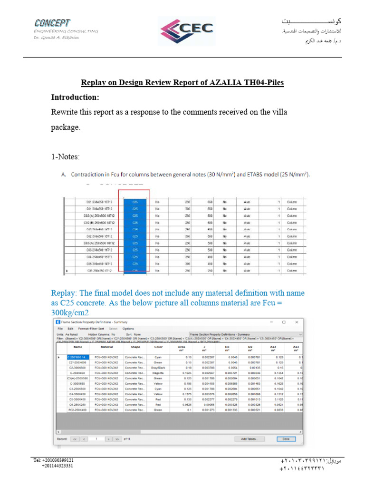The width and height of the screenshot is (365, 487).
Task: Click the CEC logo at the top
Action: point(187,31)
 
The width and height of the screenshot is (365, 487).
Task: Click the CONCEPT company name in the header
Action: point(52,23)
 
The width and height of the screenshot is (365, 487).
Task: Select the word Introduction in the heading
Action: point(75,97)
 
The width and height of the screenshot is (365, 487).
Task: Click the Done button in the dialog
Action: point(286,439)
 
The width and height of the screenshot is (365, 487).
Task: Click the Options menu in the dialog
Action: point(128,329)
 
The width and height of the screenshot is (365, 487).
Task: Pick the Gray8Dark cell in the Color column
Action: point(158,368)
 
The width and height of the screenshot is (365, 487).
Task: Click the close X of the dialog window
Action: point(297,322)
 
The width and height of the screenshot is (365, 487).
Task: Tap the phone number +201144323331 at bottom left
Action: point(57,466)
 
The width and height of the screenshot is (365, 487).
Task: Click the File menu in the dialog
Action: point(60,329)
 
